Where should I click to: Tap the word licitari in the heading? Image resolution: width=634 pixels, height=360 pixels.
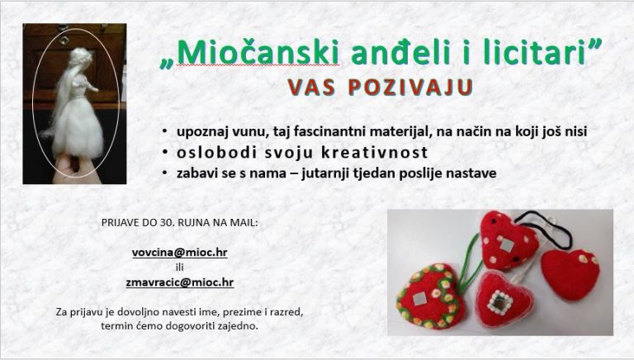(x=535, y=53)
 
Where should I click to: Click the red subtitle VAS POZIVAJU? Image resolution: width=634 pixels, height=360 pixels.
(x=380, y=87)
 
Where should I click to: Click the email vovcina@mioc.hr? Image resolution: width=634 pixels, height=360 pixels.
(x=179, y=253)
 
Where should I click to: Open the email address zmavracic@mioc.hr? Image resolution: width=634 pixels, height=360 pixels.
(x=179, y=282)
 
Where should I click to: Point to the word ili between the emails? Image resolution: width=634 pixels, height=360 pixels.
(x=179, y=267)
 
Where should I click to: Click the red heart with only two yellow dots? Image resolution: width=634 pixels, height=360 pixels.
(x=570, y=274)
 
